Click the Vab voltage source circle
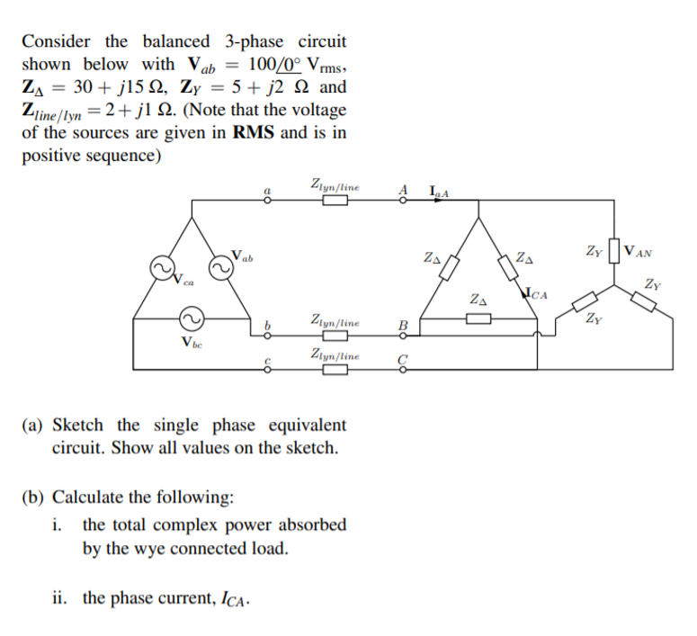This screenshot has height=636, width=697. click(x=220, y=267)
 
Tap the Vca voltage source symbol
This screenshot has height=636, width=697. click(x=161, y=269)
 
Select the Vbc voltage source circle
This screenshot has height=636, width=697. click(x=191, y=318)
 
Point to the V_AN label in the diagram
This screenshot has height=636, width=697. click(x=638, y=251)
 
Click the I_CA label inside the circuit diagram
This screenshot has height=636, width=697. click(x=537, y=292)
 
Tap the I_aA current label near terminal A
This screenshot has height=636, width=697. click(x=440, y=191)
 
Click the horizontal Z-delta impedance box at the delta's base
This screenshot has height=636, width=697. click(x=478, y=318)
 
